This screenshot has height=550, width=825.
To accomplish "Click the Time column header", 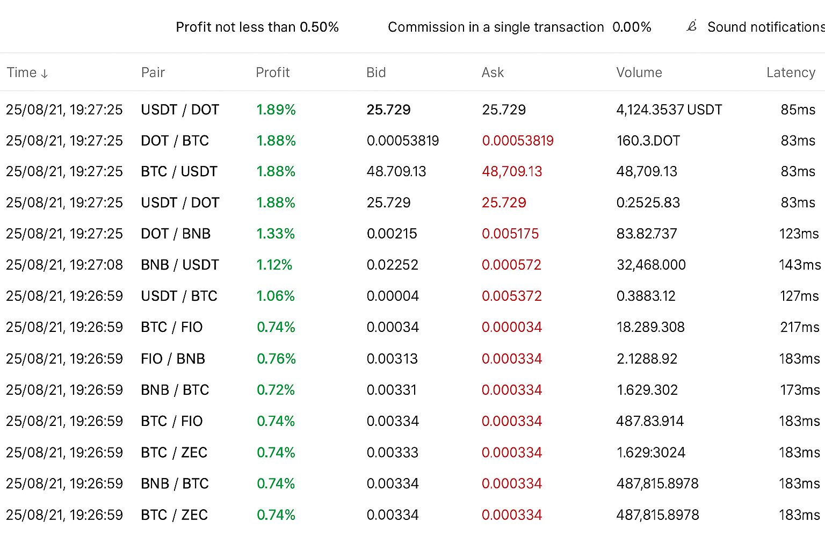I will [27, 73].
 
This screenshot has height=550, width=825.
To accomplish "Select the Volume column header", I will [639, 73].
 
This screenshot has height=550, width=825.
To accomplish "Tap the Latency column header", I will [791, 73].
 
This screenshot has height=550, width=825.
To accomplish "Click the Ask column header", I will [493, 73].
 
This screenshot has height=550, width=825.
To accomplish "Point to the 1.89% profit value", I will [276, 110].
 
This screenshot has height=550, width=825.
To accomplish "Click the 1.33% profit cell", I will [276, 234].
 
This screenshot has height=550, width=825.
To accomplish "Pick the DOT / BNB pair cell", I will [176, 234].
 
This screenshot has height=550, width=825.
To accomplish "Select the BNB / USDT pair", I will [180, 265].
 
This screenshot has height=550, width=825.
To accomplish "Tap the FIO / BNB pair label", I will [173, 359].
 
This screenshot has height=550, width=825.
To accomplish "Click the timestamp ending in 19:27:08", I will [64, 265].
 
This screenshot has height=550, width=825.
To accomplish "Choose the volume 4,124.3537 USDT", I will [669, 110].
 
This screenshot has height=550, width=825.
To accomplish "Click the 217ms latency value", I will [800, 327].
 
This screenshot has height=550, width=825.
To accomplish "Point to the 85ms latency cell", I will [798, 110].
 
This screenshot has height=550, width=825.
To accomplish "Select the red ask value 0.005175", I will [510, 234].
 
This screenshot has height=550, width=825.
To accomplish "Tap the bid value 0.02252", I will [392, 265].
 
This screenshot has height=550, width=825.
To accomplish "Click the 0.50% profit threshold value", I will [319, 27].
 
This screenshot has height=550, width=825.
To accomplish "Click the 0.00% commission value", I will [632, 27].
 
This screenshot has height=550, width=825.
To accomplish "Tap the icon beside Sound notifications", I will [692, 26].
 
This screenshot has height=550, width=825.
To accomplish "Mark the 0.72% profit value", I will [276, 390].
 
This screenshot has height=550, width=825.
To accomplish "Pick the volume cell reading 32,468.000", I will [651, 265].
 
